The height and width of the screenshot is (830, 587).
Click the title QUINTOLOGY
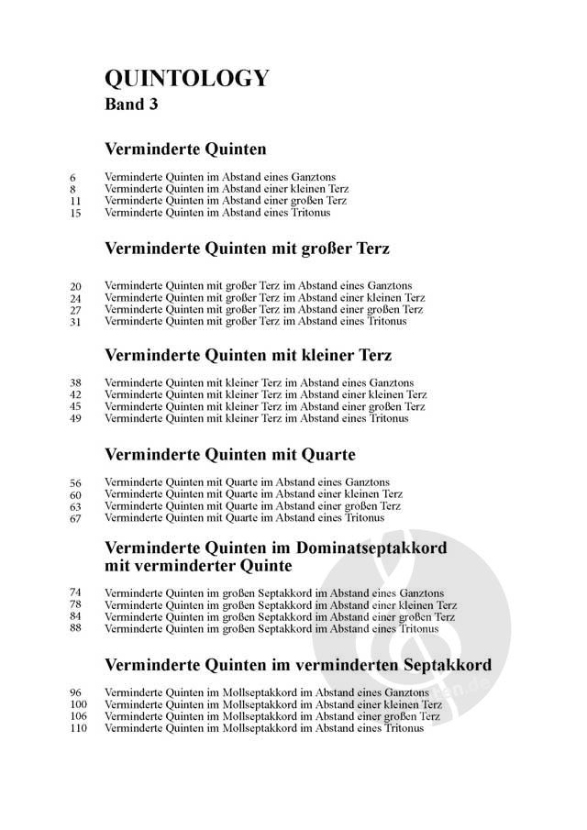[187, 78]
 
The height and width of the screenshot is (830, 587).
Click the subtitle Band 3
[132, 105]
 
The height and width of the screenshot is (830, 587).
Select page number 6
[72, 177]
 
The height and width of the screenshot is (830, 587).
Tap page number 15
[75, 213]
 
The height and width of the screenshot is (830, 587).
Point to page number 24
[75, 298]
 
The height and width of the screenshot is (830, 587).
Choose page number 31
[75, 322]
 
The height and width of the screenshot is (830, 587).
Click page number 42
[75, 395]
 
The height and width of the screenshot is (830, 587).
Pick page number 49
[75, 419]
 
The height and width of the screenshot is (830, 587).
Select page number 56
[75, 482]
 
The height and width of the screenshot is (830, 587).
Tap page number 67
[75, 518]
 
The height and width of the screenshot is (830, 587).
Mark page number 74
[75, 592]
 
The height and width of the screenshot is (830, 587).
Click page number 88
[75, 628]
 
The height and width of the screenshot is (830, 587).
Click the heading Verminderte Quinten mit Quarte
[230, 454]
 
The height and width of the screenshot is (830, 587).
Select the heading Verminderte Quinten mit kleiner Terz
[248, 355]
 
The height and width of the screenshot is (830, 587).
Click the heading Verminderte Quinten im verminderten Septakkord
[298, 664]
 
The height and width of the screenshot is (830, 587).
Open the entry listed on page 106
[272, 716]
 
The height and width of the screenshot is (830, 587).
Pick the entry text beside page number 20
[259, 285]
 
